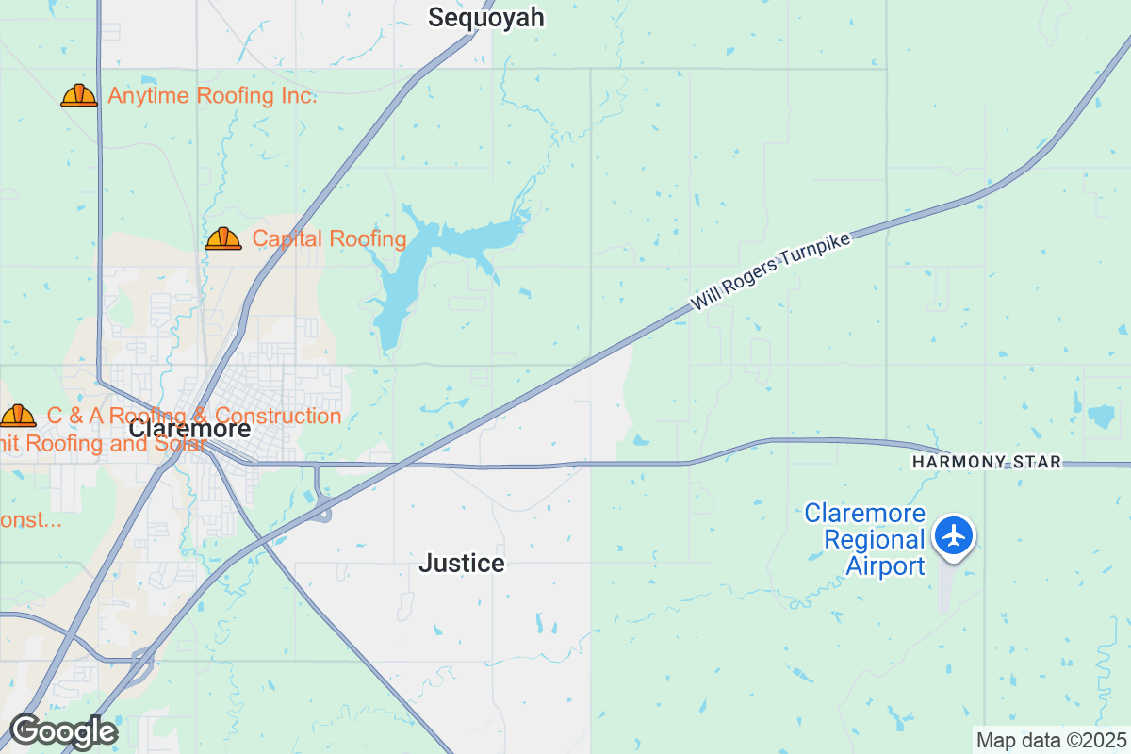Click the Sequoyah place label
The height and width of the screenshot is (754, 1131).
click(x=486, y=18)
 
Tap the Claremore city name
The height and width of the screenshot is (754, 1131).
click(x=190, y=429)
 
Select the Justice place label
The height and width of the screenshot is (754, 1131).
click(x=462, y=564)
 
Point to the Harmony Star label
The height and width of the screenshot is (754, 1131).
click(x=987, y=462)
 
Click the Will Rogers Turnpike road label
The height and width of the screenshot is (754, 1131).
click(x=771, y=272)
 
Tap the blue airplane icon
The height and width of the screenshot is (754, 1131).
click(x=955, y=535)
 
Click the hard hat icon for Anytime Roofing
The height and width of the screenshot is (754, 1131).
click(x=79, y=95)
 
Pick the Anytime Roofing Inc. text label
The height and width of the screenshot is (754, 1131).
click(x=212, y=96)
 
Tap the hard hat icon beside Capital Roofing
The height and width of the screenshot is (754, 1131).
click(x=223, y=238)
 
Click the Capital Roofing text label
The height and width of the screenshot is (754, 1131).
click(x=330, y=239)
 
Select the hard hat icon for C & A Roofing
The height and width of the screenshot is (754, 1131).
click(x=17, y=416)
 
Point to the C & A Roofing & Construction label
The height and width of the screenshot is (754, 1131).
click(x=194, y=416)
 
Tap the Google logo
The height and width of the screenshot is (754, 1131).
click(x=63, y=731)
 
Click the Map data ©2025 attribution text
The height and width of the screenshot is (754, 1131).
click(x=1051, y=740)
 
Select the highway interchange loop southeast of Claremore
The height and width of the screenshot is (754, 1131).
click(x=323, y=510)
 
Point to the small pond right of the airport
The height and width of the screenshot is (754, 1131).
click(x=1101, y=415)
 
